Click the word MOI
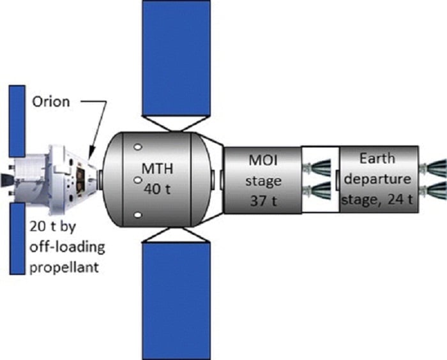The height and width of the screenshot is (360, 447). pyautogui.click(x=261, y=163)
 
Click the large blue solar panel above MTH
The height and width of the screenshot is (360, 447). pyautogui.click(x=175, y=58)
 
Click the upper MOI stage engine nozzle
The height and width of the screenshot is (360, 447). pyautogui.click(x=317, y=169)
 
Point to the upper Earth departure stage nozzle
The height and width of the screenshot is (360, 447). pyautogui.click(x=434, y=169)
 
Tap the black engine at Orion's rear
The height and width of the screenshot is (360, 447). pyautogui.click(x=6, y=174)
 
